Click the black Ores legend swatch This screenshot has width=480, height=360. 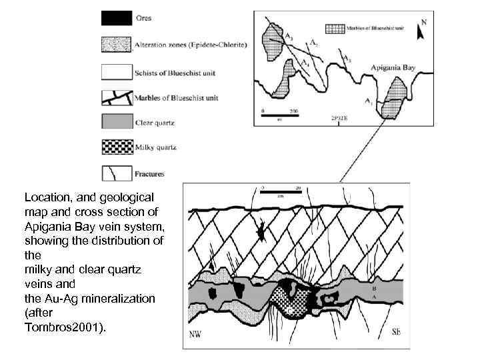[x=116, y=18]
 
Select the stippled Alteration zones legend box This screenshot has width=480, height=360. [x=116, y=44]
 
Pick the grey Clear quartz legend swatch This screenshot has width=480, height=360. [x=116, y=121]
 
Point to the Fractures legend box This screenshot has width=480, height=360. [x=116, y=173]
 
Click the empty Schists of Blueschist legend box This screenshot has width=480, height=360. [x=116, y=71]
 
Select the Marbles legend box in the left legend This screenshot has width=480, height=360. [x=116, y=97]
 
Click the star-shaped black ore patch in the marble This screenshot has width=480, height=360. [x=262, y=233]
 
